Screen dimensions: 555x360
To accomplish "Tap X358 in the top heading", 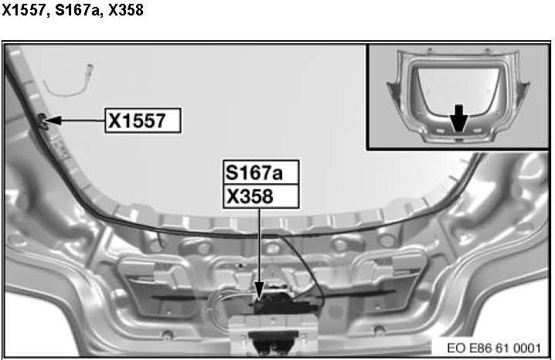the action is [126, 9].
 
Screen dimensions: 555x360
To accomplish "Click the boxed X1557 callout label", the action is [143, 121].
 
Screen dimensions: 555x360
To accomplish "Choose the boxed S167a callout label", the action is [260, 172].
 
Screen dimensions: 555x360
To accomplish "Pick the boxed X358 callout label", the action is [260, 196].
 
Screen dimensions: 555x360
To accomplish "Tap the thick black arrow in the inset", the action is [458, 118].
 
